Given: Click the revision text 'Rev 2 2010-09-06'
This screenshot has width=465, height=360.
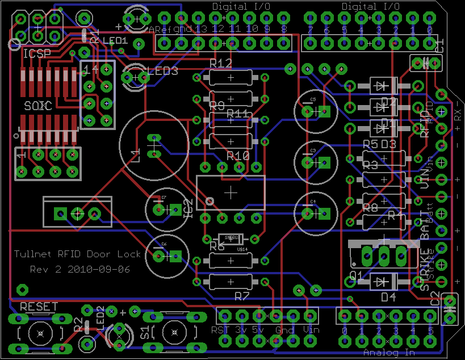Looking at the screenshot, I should click(79, 270).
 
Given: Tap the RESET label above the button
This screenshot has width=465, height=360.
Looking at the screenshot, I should click(39, 307).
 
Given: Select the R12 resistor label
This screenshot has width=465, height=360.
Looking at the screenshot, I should click(220, 62).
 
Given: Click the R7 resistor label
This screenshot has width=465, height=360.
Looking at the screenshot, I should click(242, 296).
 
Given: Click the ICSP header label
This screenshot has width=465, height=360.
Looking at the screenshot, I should click(37, 54).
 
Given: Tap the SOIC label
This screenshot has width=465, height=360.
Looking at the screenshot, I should click(37, 106).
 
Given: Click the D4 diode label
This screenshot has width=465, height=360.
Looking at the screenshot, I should click(388, 297).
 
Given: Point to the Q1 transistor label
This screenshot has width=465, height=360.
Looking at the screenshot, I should click(356, 276).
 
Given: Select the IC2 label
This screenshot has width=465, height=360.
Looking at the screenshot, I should click(188, 208).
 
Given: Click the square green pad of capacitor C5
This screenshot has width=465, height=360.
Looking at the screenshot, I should click(324, 111).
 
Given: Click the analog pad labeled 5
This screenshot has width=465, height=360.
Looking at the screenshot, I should click(430, 316).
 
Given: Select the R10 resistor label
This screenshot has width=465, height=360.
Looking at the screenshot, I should click(238, 155).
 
